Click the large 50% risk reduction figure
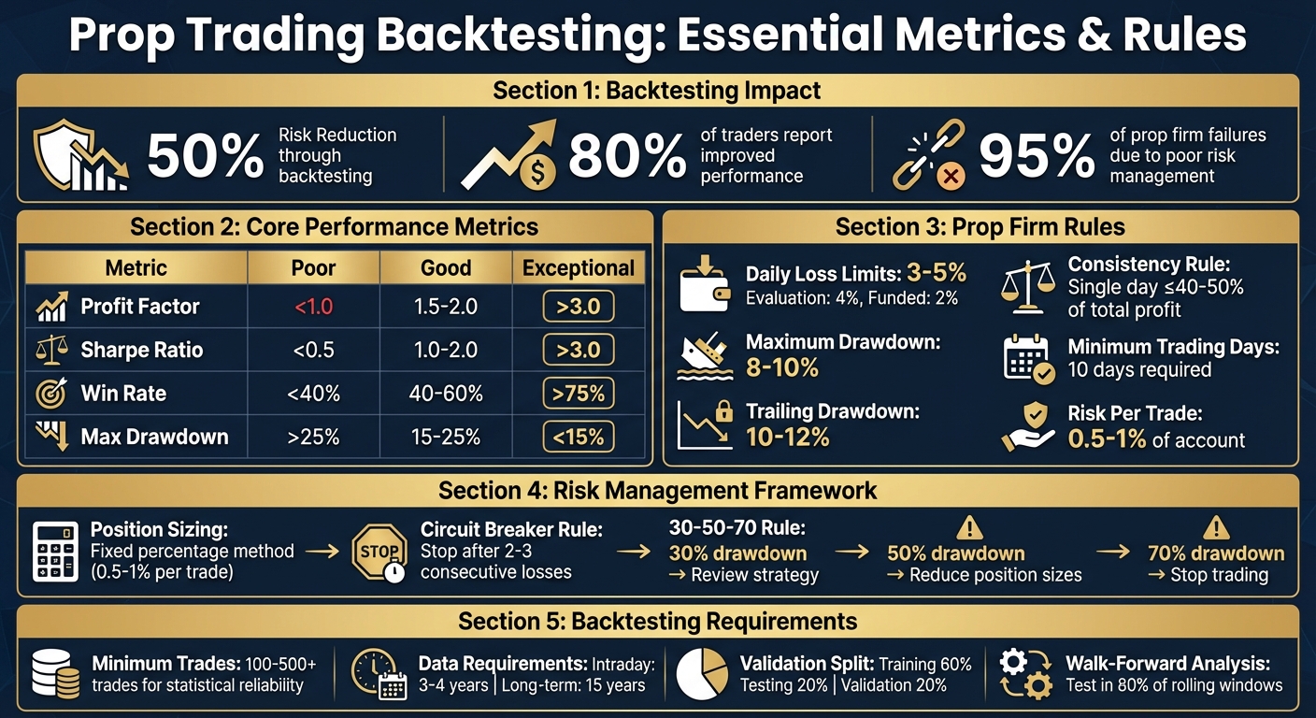(206, 156)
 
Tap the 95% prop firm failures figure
(1037, 156)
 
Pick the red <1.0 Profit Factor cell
(314, 307)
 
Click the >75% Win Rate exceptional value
(579, 394)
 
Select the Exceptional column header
(579, 268)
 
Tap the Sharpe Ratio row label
(141, 351)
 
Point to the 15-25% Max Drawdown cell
(445, 437)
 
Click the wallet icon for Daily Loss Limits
(704, 283)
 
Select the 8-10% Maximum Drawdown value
(781, 367)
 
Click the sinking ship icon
(704, 356)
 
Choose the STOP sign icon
(380, 553)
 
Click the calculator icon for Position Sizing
(55, 553)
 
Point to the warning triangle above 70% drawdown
(1215, 527)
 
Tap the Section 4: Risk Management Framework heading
(657, 490)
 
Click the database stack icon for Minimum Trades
(55, 674)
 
